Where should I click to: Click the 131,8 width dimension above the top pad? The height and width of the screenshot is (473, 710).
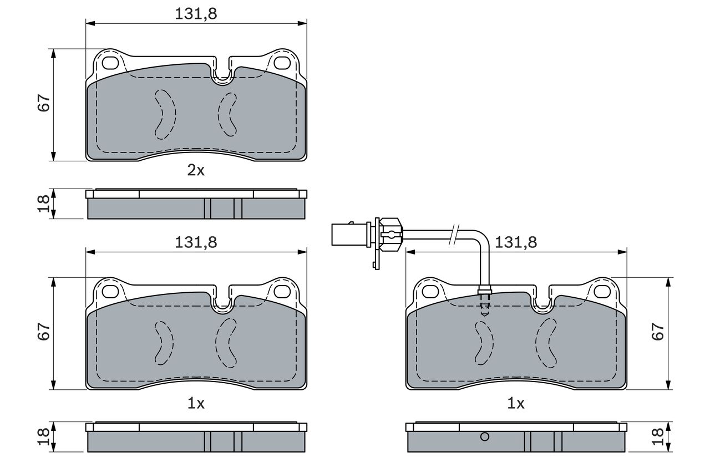196,14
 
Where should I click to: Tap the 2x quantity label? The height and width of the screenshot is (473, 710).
196,170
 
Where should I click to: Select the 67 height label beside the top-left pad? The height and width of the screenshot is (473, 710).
44,103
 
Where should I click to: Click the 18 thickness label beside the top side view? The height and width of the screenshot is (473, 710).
44,204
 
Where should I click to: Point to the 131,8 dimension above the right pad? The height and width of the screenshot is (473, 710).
516,242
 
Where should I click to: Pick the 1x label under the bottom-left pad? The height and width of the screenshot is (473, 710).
196,404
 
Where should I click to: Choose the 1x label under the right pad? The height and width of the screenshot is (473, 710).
516,404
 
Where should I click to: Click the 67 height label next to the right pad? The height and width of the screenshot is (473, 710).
658,332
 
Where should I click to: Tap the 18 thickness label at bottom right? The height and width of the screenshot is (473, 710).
658,436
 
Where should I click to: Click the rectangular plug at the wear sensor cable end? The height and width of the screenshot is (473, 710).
349,235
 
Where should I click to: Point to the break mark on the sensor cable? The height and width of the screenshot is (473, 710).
454,235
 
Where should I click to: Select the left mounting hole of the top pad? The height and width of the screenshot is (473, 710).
110,63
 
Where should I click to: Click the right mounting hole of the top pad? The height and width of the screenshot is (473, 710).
282,63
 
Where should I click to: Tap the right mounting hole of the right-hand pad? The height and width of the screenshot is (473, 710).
602,292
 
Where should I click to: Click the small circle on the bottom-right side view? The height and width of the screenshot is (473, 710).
485,436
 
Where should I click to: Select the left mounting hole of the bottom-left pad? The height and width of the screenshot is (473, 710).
110,292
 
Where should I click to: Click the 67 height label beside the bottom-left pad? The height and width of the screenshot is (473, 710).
44,332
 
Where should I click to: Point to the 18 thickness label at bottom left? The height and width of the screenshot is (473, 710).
44,436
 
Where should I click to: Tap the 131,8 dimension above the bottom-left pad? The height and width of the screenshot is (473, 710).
196,242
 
